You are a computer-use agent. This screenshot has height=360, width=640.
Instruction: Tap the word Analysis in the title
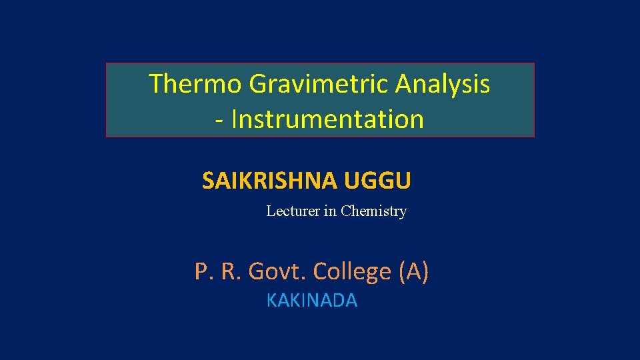click(x=443, y=84)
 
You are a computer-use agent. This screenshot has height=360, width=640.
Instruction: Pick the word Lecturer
click(x=293, y=211)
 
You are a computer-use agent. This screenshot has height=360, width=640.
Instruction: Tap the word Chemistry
click(x=373, y=211)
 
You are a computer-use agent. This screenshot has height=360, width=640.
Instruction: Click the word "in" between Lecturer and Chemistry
click(x=330, y=211)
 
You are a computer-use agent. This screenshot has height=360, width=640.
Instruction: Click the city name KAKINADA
click(x=312, y=301)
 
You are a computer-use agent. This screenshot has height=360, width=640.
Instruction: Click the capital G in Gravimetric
click(x=259, y=84)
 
